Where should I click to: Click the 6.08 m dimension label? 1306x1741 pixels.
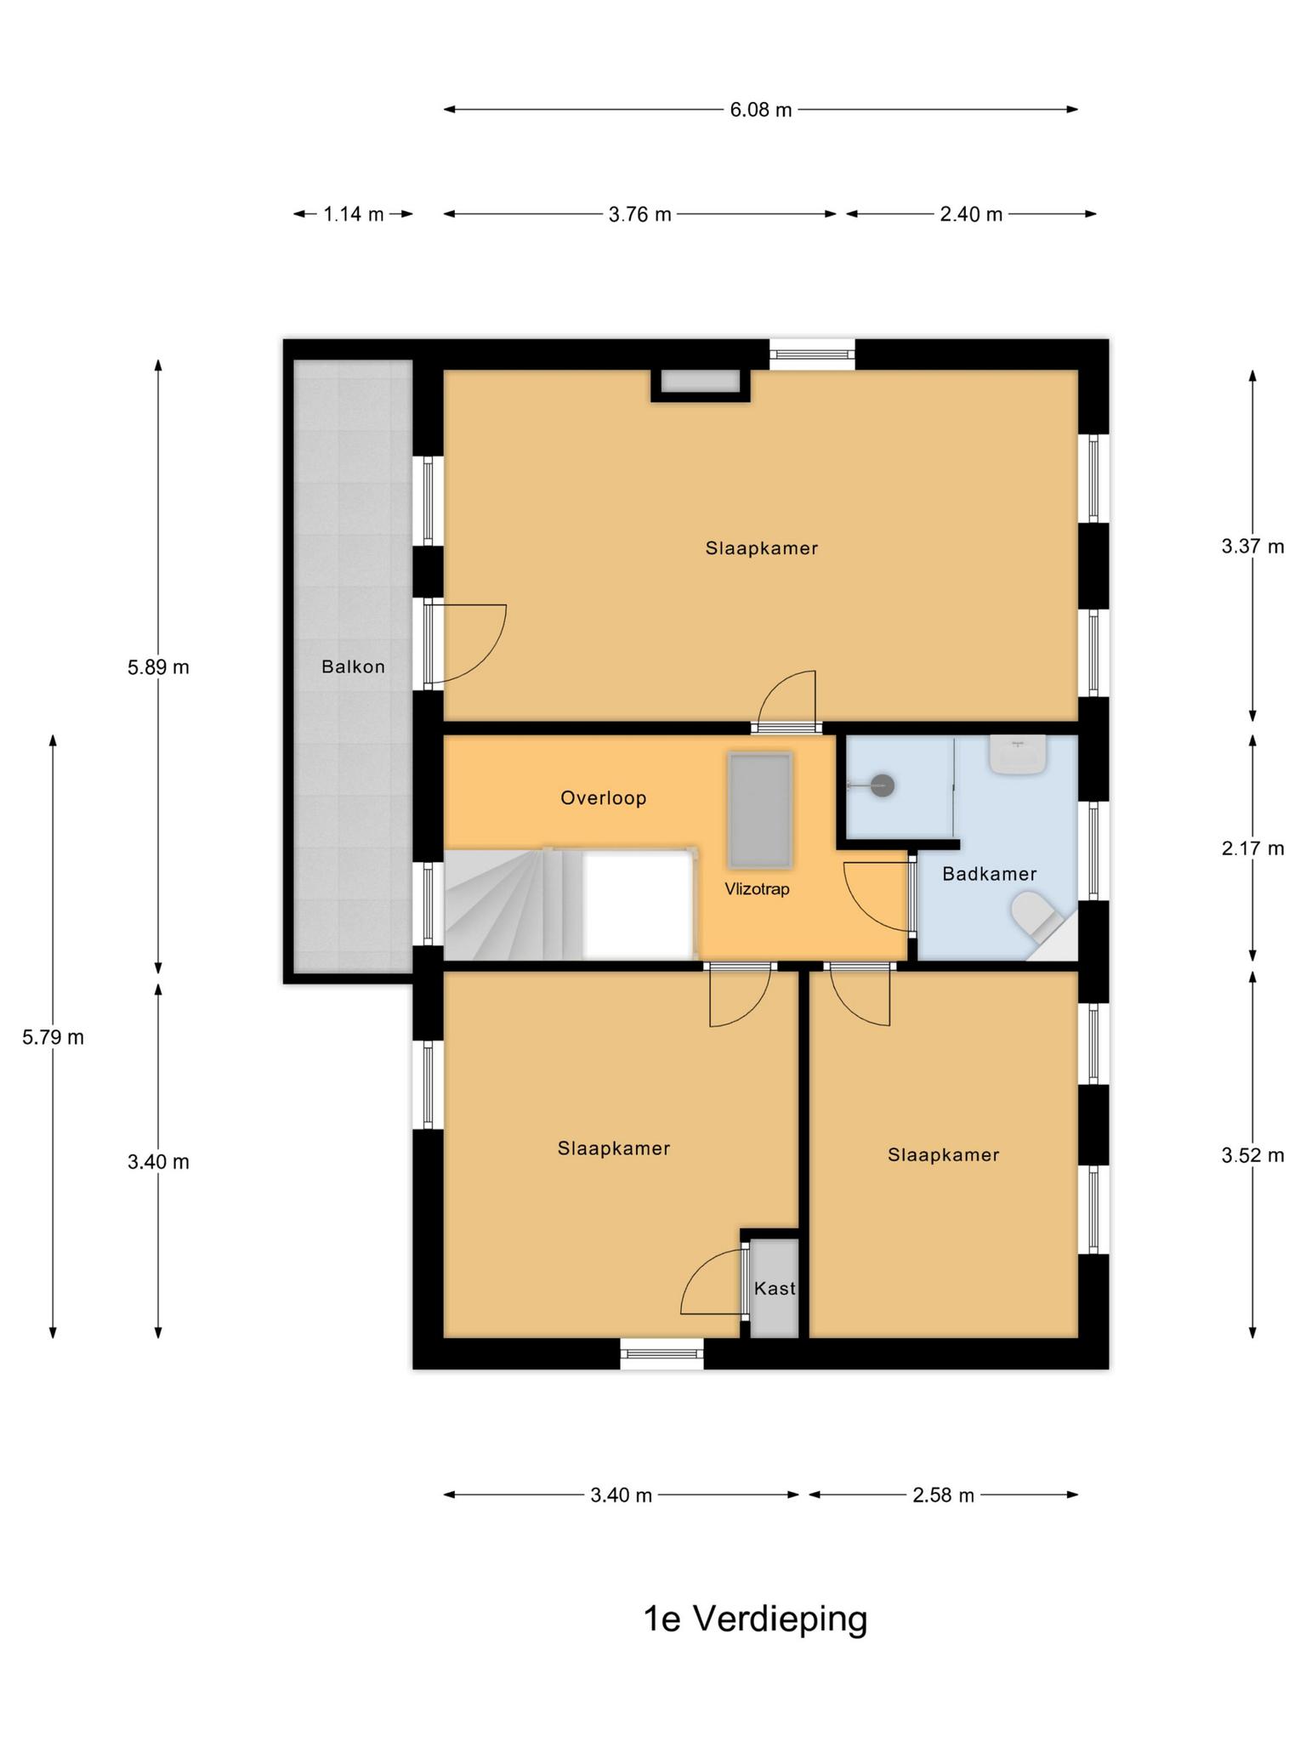point(761,110)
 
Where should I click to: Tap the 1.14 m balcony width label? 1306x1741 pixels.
point(354,214)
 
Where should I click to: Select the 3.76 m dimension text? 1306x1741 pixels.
point(640,214)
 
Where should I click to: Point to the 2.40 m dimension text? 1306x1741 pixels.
point(971,214)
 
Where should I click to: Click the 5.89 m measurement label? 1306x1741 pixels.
point(158,667)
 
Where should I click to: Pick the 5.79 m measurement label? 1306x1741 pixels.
point(53,1037)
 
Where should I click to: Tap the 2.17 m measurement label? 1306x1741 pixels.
point(1252,848)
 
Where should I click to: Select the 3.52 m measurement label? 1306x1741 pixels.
point(1252,1155)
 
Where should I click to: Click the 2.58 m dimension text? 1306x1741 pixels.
point(944,1495)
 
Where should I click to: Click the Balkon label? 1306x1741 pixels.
point(354,667)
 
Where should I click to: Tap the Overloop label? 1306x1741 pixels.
point(604,798)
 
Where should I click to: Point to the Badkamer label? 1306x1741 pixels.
point(990,874)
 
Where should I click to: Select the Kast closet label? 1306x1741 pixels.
point(775,1289)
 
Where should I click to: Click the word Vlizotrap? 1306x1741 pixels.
point(758,889)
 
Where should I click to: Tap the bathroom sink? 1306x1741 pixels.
point(1018,754)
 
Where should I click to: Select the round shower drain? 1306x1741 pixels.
point(883,785)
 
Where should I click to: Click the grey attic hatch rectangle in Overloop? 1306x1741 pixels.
point(760,810)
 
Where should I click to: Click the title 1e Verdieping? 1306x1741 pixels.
point(756,1619)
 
